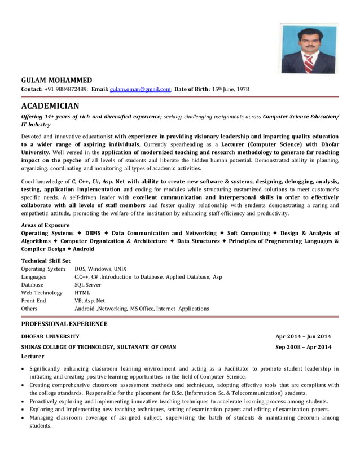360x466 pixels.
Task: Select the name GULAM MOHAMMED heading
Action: pyautogui.click(x=56, y=80)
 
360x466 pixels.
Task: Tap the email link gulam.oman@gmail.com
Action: pyautogui.click(x=140, y=89)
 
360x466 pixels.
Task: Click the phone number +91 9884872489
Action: pyautogui.click(x=66, y=89)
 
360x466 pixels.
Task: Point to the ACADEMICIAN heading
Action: pyautogui.click(x=50, y=105)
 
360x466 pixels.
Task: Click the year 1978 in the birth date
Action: pyautogui.click(x=241, y=89)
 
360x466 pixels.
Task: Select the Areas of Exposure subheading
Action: pyautogui.click(x=45, y=225)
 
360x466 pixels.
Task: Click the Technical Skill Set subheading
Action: pyautogui.click(x=46, y=261)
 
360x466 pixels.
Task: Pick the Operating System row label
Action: pyautogui.click(x=43, y=269)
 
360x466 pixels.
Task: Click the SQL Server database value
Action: pyautogui.click(x=88, y=285)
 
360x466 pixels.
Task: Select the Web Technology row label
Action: pyautogui.click(x=42, y=293)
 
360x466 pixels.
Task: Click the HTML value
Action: pyautogui.click(x=82, y=293)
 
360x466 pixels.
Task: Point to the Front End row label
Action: pyautogui.click(x=33, y=301)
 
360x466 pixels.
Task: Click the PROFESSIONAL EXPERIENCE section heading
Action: pyautogui.click(x=64, y=324)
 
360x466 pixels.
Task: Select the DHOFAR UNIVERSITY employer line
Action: pyautogui.click(x=50, y=336)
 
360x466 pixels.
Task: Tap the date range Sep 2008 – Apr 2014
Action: pyautogui.click(x=303, y=347)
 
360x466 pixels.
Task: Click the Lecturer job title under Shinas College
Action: pyautogui.click(x=32, y=357)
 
